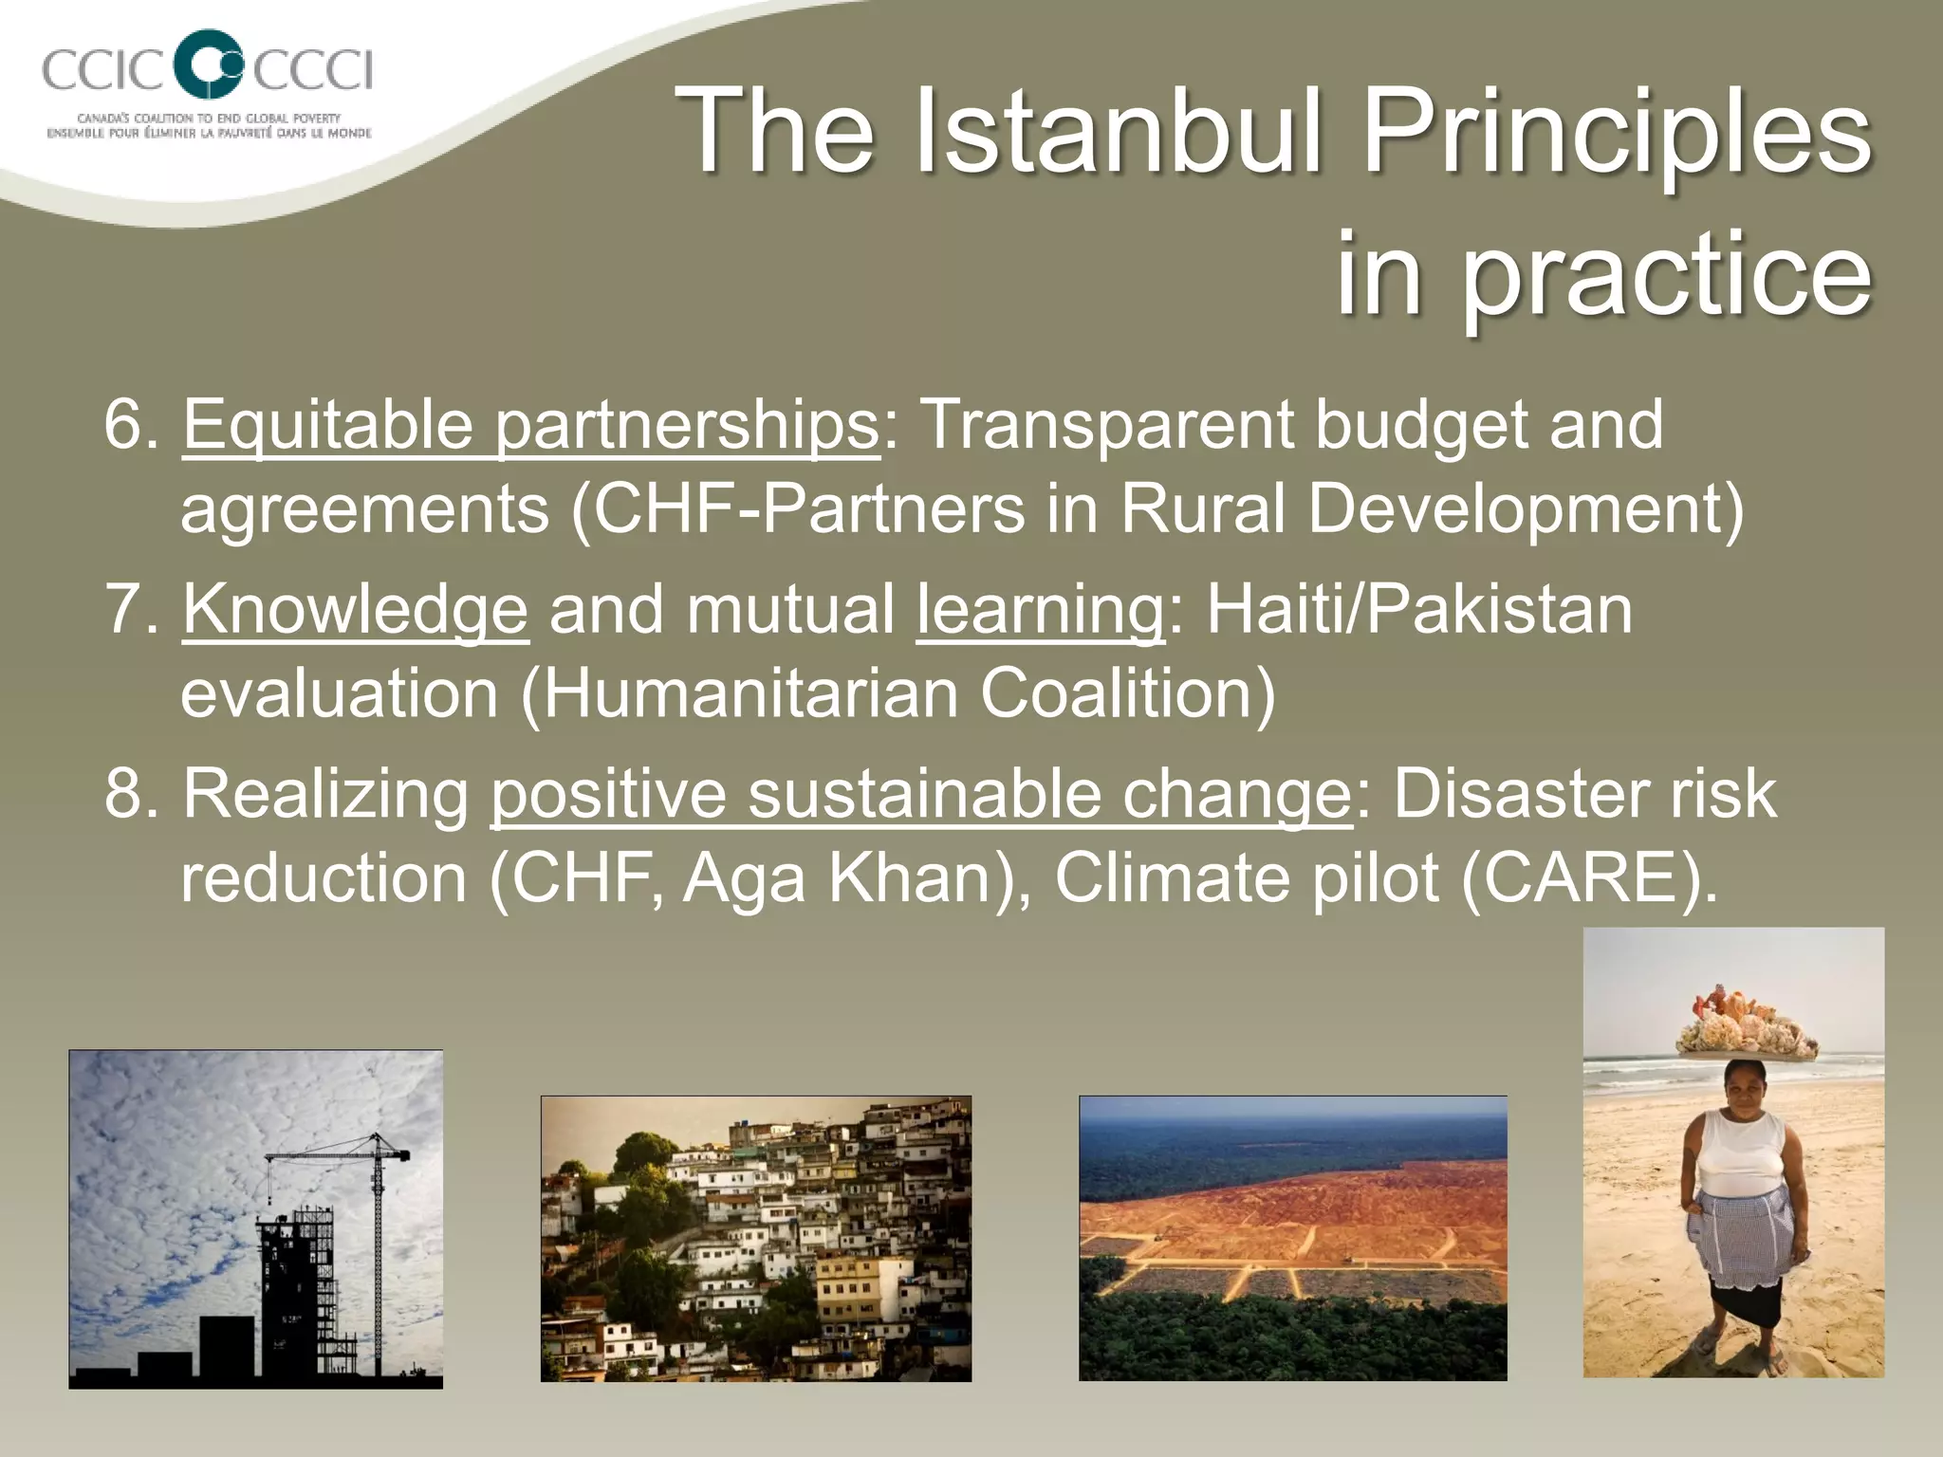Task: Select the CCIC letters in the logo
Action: [103, 69]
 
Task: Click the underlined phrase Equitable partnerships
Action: [530, 425]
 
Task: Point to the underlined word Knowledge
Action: [355, 609]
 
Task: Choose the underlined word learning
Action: [1040, 609]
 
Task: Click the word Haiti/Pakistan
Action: [1419, 609]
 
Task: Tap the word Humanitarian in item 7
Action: [750, 693]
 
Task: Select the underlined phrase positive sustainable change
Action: [920, 793]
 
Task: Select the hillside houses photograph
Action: [755, 1238]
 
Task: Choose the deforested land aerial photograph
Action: [1292, 1238]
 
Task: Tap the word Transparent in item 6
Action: [1106, 425]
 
